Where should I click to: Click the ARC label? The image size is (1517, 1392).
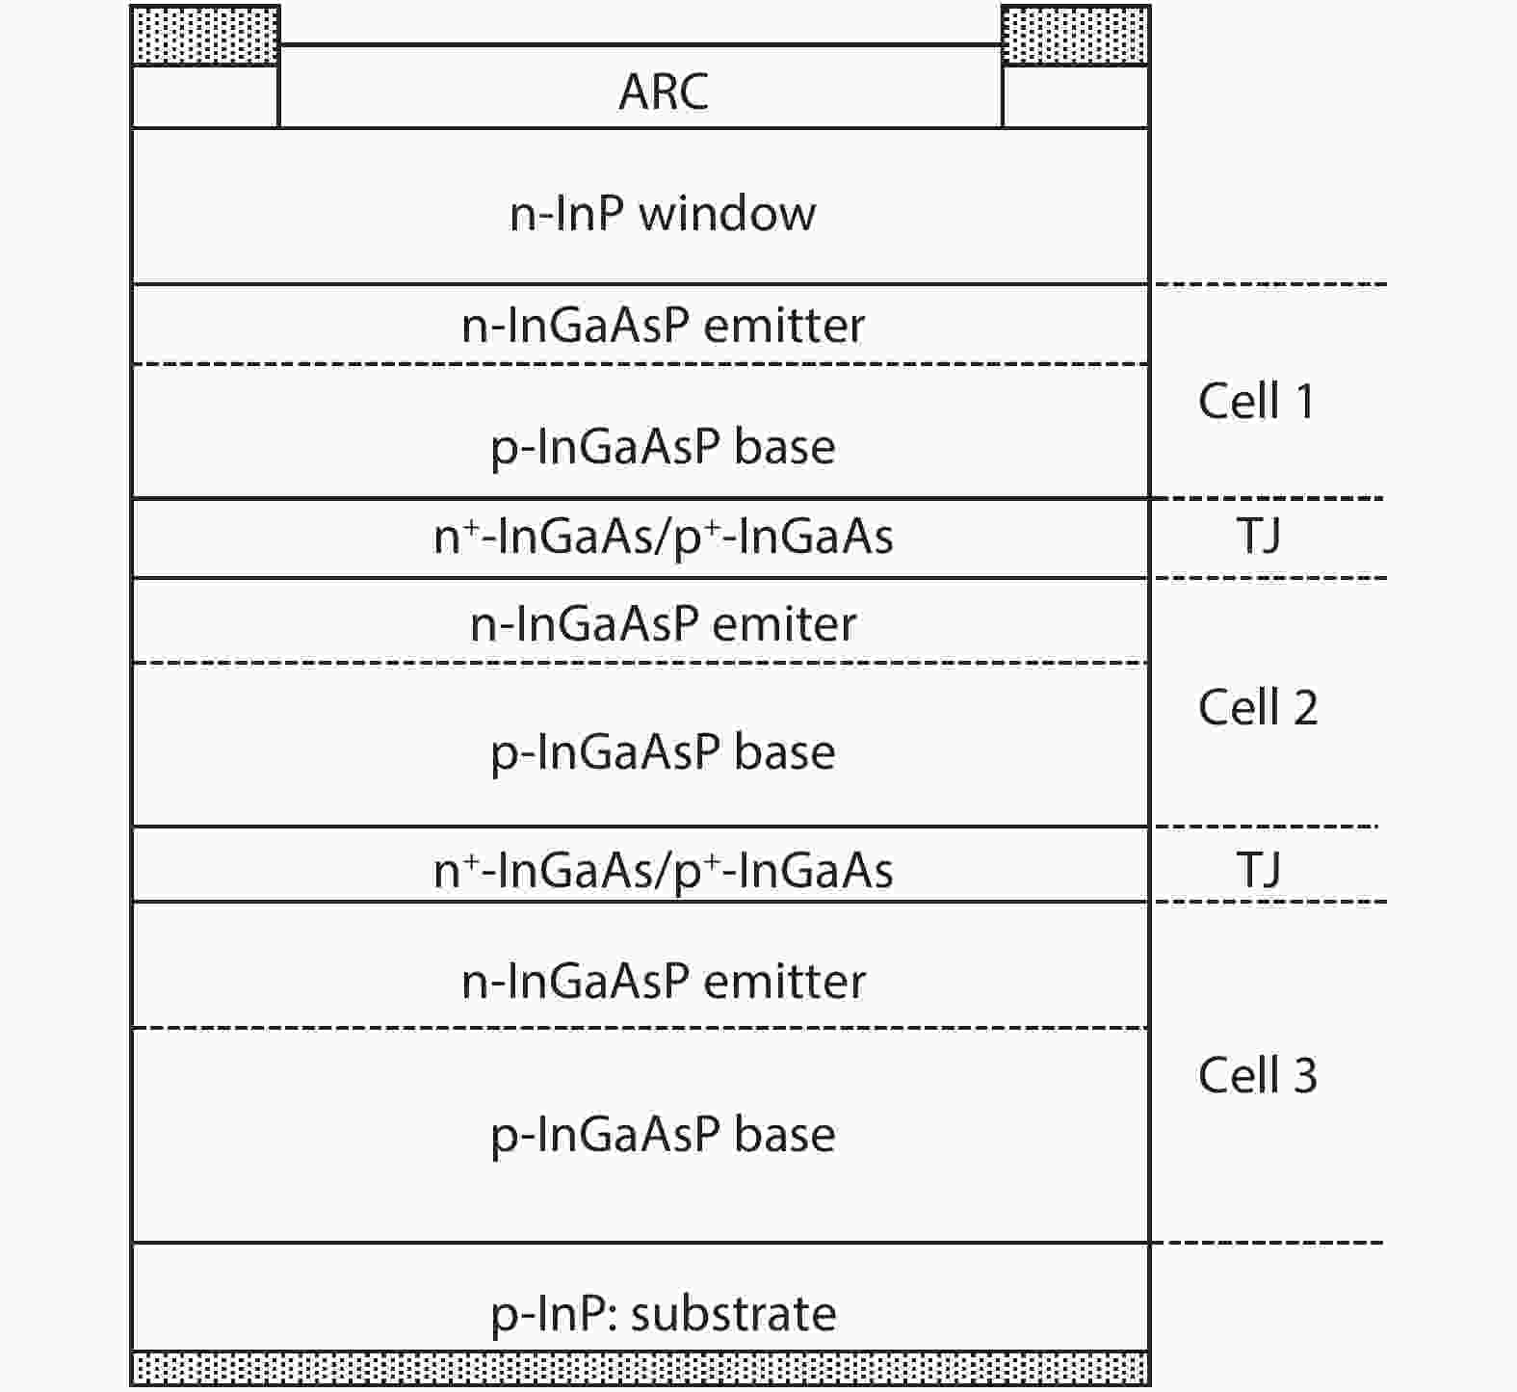664,92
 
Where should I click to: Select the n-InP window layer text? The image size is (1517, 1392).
663,213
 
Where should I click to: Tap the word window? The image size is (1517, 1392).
728,213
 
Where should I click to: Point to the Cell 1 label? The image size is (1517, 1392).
1257,401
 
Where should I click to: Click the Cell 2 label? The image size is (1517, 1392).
1258,707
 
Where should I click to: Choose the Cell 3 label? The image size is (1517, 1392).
1258,1075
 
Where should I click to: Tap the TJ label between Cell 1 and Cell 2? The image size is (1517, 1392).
1259,537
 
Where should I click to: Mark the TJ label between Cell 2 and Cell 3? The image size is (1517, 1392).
1259,870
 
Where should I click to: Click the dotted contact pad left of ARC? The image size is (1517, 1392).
205,37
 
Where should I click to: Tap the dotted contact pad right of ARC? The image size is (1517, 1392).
1076,37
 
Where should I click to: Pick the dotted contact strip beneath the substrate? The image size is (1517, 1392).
641,1368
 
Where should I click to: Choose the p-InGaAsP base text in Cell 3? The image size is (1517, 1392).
663,1136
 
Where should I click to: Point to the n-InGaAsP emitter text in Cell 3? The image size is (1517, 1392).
664,982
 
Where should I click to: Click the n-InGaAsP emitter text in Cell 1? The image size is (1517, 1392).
663,326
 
